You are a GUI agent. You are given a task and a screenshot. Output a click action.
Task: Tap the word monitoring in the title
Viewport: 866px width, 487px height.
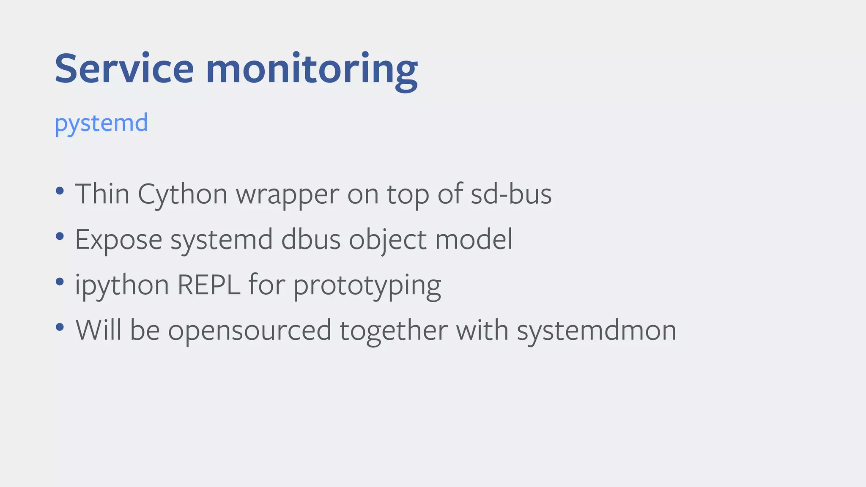click(x=312, y=70)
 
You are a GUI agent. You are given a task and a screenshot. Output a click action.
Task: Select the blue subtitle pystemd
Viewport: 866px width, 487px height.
click(x=101, y=123)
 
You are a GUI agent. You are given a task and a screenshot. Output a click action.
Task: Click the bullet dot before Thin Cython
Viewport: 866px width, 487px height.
click(x=60, y=191)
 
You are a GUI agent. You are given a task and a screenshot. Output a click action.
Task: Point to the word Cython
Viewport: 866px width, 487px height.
click(x=183, y=195)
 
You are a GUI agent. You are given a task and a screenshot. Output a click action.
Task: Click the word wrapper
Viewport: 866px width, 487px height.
click(x=288, y=195)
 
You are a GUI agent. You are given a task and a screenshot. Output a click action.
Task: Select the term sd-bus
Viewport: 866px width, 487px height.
click(x=511, y=194)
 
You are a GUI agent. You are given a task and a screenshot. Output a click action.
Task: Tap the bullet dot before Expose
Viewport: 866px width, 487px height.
click(x=60, y=236)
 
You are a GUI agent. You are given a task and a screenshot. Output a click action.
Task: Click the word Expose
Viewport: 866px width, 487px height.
click(x=119, y=240)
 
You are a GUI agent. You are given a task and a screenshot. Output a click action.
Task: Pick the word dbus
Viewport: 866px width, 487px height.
click(x=311, y=239)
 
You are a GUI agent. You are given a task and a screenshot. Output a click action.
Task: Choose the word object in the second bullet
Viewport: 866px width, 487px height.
click(x=388, y=240)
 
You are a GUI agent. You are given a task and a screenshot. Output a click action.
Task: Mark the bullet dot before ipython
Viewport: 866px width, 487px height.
click(x=60, y=282)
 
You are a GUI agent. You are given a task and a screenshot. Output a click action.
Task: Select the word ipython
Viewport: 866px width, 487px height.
click(x=122, y=285)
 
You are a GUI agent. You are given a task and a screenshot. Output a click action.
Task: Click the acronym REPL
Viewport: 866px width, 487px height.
click(x=209, y=285)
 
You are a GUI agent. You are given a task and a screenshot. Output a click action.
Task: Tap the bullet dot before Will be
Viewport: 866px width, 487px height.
click(x=60, y=327)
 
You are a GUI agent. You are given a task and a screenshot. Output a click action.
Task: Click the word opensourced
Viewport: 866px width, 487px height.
click(x=249, y=331)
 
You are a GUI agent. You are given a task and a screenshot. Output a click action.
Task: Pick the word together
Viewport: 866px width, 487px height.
click(x=394, y=330)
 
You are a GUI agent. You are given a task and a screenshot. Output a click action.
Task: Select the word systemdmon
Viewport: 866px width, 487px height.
click(x=597, y=331)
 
